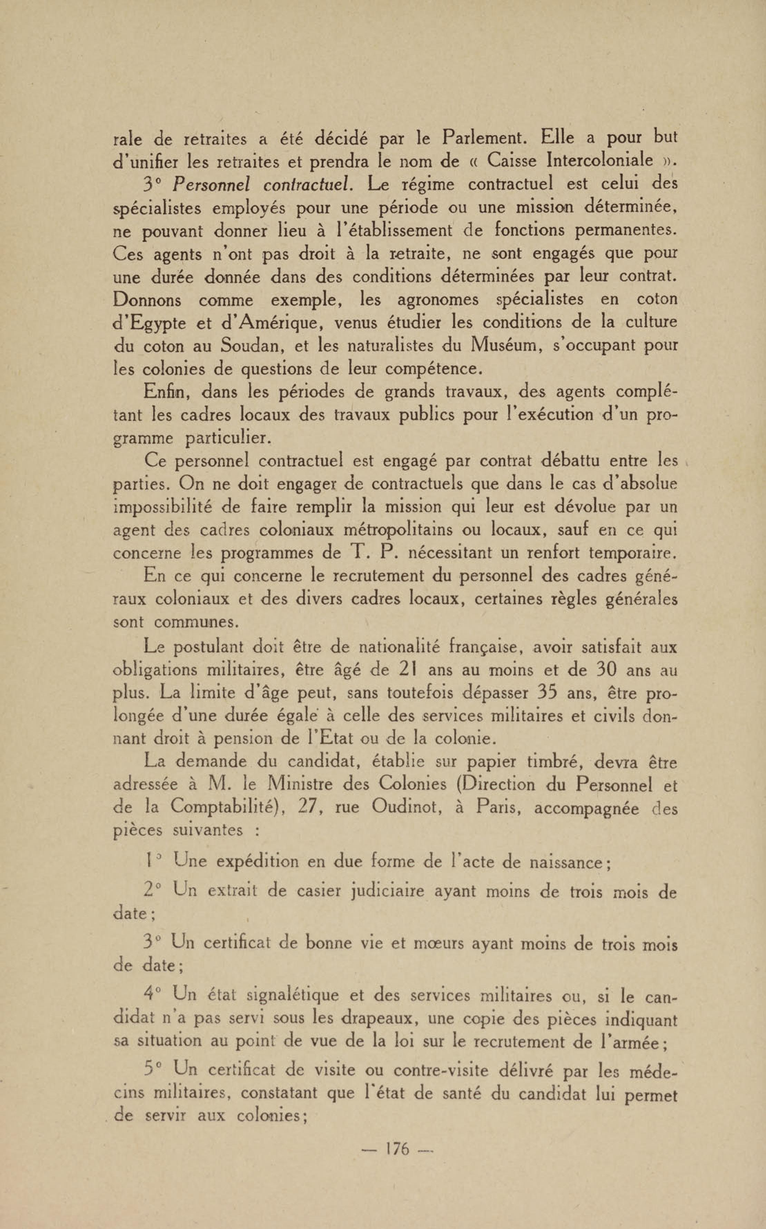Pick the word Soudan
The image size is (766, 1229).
(250, 346)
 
